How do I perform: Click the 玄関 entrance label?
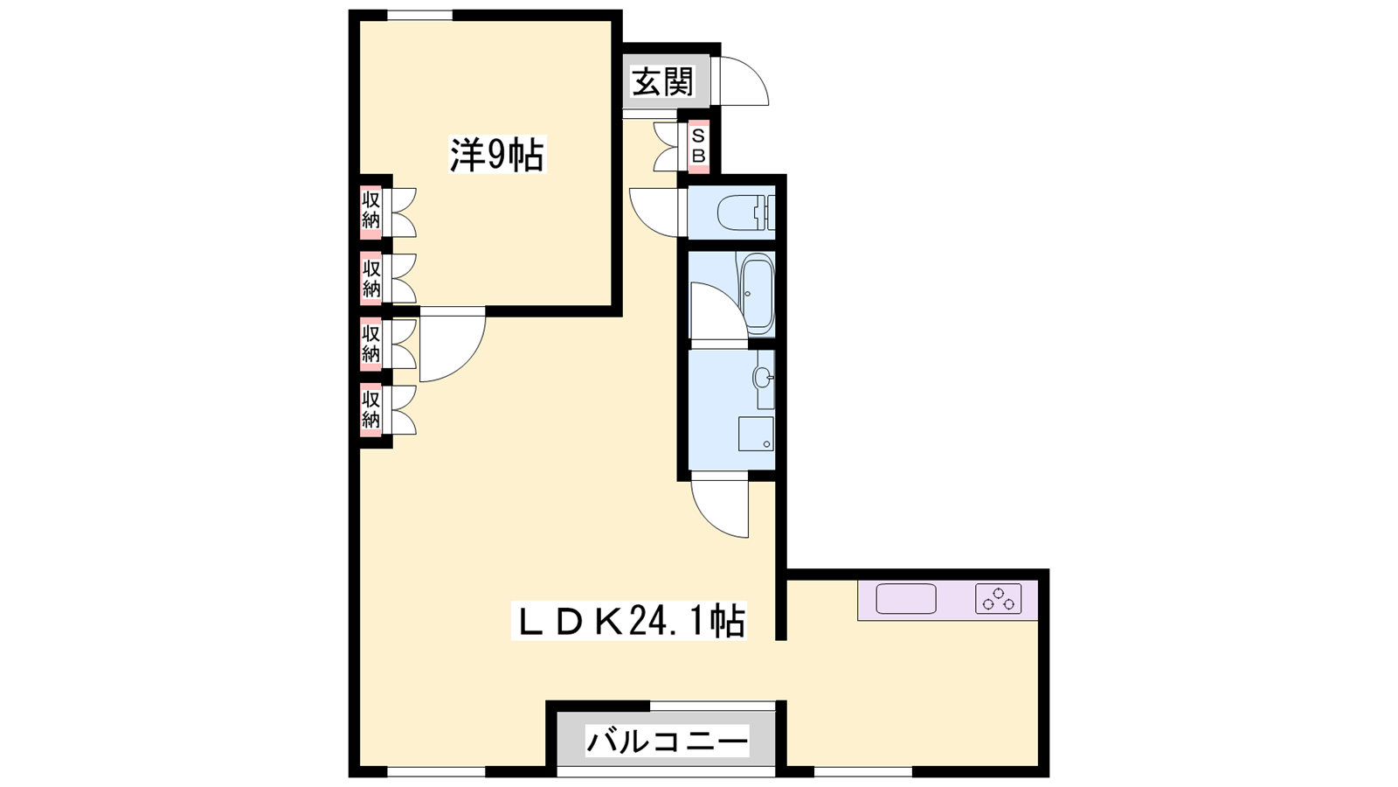662,82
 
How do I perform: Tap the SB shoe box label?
698,145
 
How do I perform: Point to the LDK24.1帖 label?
628,620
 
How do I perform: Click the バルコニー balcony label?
667,742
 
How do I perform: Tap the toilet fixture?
745,213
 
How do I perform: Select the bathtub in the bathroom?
757,294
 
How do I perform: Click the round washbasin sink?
763,377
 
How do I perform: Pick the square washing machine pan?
756,434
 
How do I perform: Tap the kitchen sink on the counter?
905,599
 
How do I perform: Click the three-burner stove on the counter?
999,598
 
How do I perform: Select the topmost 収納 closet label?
371,210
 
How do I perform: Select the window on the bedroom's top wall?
420,15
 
